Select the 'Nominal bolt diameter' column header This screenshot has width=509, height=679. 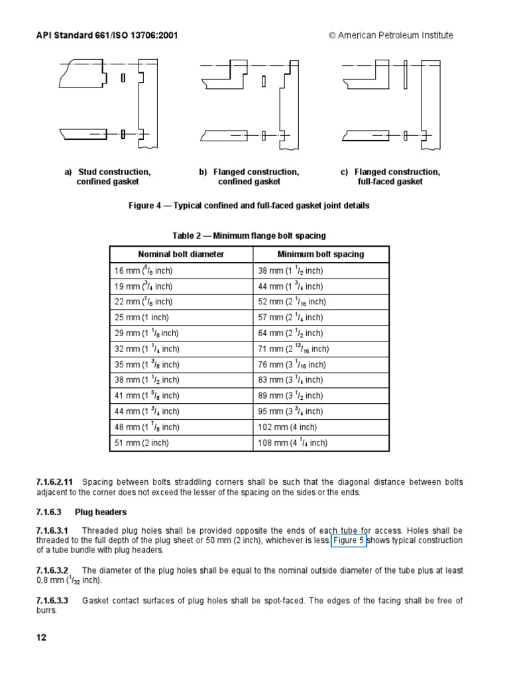181,254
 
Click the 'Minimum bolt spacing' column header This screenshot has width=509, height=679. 321,254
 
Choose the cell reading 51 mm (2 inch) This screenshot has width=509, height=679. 141,443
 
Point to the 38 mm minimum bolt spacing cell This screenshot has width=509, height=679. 290,271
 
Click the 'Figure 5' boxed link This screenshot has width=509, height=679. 349,540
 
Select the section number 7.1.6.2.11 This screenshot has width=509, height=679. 54,481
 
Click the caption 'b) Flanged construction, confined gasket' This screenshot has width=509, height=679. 249,177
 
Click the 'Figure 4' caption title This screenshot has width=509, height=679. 249,206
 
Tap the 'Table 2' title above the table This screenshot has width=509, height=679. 249,236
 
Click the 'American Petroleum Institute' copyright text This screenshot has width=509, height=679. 391,35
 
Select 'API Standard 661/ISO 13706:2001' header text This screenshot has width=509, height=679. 106,35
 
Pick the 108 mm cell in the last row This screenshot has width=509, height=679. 292,443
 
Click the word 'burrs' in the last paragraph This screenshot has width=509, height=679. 47,611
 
